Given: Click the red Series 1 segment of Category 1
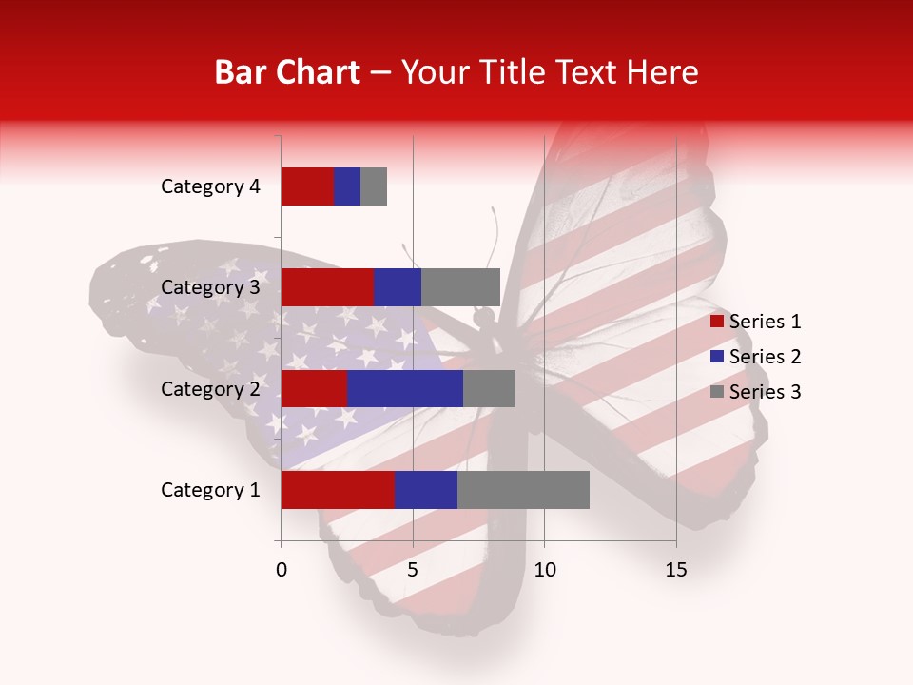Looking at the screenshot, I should coord(338,490).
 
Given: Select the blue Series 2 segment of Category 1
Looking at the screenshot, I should coord(425,490).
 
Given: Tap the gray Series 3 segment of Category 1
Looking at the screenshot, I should coord(523,490).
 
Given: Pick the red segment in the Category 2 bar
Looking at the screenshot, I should coord(314,388).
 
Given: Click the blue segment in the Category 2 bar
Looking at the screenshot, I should coord(405,388).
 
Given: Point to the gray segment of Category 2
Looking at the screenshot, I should coord(489,388).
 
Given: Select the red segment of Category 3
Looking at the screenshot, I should coord(327,287).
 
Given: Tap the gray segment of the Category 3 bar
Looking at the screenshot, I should coord(460,287).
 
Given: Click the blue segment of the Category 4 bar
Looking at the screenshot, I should coord(347,186).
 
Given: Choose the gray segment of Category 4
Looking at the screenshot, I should coord(374,186).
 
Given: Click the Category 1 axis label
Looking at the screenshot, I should coord(210,490).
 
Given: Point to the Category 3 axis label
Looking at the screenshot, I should coord(210,287).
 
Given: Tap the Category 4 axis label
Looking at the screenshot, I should coord(210,186).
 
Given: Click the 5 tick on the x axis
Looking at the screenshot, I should coord(413,570).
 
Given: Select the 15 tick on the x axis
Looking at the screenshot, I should coord(676,570).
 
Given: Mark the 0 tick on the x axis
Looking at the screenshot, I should coord(282,570).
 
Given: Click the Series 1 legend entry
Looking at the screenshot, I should coord(756,322).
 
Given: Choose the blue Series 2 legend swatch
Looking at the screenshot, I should coord(716,357).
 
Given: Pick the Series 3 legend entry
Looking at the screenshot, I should coord(756,392).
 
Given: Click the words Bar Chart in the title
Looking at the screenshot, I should coord(286,72).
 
